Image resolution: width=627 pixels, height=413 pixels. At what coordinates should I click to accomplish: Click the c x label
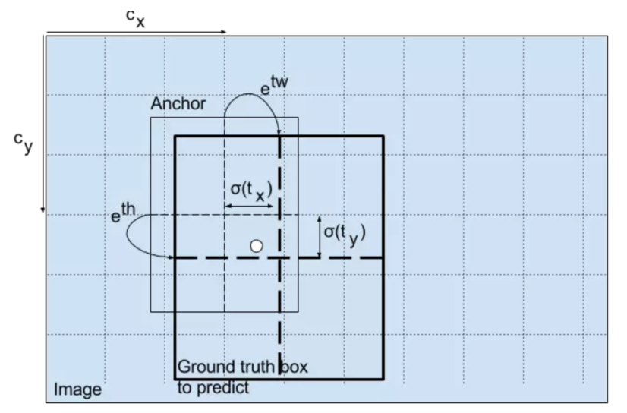click(135, 19)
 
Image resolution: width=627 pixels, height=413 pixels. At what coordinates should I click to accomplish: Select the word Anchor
click(178, 104)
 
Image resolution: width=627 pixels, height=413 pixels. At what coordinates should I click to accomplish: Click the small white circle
click(257, 245)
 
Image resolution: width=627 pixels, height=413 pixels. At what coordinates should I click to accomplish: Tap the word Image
click(77, 391)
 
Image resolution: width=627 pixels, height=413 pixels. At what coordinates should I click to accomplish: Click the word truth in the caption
click(256, 368)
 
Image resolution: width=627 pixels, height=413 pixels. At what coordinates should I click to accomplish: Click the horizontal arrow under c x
click(137, 33)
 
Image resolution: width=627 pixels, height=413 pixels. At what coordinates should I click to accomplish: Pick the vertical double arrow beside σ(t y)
click(318, 235)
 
